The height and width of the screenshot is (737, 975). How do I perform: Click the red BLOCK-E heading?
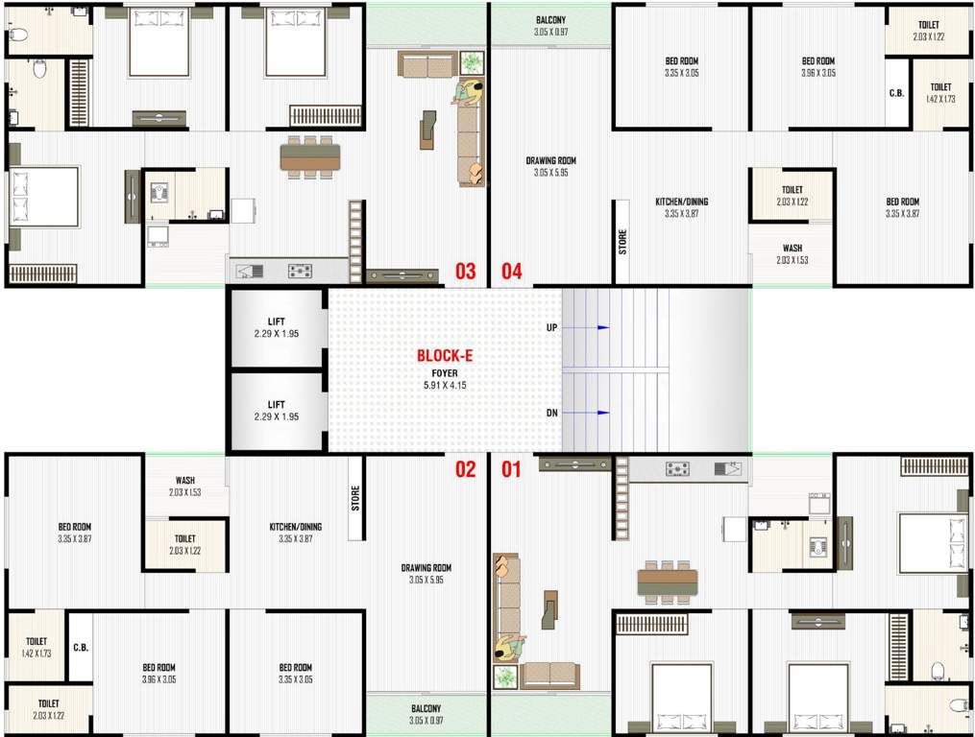pos(445,355)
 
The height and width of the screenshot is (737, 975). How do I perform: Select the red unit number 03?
pos(465,272)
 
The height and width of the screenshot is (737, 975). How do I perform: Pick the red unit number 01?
pos(511,469)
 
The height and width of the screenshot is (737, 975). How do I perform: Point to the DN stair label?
pos(552,413)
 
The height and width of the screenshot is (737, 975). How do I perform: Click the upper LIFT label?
pos(276,322)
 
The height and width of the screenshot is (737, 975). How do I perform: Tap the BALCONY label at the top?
pos(549,20)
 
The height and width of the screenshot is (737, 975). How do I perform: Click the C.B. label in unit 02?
pos(81,647)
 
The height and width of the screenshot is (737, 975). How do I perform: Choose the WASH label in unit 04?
pos(792,249)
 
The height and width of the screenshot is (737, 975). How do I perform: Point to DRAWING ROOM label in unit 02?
pos(427,568)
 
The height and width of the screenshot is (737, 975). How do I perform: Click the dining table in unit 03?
pos(309,156)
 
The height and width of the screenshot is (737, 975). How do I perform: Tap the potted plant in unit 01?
pos(505,677)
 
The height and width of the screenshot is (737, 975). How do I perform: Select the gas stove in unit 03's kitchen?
pos(300,271)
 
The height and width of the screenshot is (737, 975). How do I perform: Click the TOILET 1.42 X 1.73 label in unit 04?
pos(940,87)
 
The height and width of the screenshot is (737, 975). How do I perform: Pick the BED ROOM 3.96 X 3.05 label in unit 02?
pos(159,668)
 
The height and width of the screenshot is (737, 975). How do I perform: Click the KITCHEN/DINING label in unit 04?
pos(682,202)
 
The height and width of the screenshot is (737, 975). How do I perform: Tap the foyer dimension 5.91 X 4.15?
pos(445,385)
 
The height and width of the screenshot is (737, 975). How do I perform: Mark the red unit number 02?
pos(465,469)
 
